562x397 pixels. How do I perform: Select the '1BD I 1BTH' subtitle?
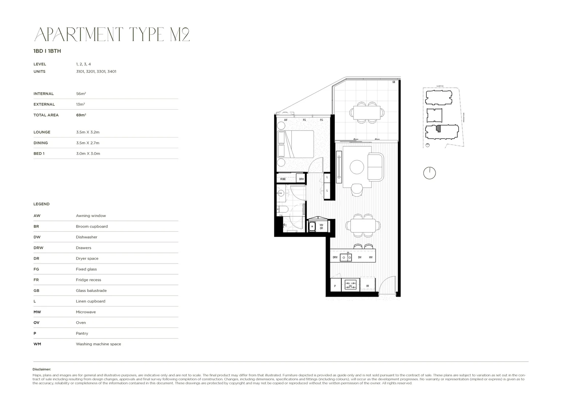point(47,51)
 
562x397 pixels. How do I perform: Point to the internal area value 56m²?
point(81,94)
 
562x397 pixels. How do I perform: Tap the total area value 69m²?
point(81,115)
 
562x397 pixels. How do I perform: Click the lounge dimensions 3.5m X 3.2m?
point(88,132)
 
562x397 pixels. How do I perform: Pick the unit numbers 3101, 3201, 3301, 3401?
point(96,71)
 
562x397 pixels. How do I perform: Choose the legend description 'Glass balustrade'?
point(91,290)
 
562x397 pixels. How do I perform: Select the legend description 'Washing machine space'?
point(98,344)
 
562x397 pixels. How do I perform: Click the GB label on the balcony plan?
point(394,82)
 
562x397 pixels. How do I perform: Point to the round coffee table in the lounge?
point(357,167)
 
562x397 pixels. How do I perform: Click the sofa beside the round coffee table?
point(376,167)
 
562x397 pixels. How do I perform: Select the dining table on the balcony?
point(366,112)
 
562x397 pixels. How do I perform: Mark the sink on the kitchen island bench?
point(346,257)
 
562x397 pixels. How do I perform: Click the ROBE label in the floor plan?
point(283,179)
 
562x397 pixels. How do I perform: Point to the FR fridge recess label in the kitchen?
point(367,286)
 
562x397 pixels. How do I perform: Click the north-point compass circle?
point(429,173)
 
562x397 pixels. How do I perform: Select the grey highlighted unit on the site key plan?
point(438,128)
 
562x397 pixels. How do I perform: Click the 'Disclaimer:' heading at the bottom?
point(42,369)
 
